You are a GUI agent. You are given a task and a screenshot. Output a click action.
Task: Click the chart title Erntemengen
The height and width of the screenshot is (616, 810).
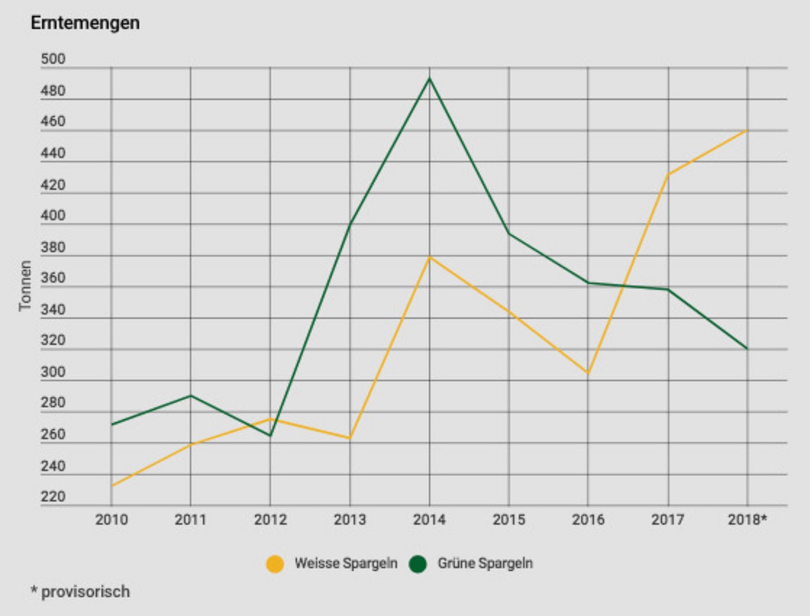pos(85,23)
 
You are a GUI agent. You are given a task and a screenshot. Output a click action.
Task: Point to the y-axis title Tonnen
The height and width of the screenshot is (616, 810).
pos(25,286)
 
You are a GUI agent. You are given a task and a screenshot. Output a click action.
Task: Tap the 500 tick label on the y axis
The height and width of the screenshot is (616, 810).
pos(53,59)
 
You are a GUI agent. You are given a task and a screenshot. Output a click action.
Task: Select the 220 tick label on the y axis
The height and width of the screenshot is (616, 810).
pos(53,497)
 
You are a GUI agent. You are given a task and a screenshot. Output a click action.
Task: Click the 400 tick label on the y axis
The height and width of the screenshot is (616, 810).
pos(53,216)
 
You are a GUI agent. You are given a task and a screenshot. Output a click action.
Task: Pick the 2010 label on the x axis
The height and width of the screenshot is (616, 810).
pos(111,519)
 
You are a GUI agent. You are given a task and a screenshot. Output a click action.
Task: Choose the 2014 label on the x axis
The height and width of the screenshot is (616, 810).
pos(429,519)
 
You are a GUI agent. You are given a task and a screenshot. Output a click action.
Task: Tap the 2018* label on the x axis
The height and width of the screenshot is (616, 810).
pos(747,519)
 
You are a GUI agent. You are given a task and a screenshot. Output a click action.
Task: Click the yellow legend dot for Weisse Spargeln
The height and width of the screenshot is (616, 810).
pos(275,564)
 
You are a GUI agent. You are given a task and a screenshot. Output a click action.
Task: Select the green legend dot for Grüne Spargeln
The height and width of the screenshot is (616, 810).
pos(418,564)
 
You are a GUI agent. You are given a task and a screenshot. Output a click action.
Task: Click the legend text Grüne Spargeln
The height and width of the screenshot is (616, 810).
pos(485,563)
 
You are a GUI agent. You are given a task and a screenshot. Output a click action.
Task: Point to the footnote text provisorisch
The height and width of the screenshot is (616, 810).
pos(85,592)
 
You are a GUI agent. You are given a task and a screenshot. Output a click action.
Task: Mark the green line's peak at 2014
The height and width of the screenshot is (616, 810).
pos(429,78)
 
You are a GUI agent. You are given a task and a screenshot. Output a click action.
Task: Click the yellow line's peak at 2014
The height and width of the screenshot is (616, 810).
pos(429,257)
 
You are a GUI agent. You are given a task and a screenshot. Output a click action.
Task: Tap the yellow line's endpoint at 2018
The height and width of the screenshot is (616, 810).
pos(747,130)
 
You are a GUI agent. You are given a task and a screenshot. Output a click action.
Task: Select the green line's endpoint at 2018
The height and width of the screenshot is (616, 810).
pos(747,348)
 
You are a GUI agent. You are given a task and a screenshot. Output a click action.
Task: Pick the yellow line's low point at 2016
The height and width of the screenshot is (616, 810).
pos(588,373)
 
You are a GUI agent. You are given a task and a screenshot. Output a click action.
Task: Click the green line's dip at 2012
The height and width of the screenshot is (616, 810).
pos(270,436)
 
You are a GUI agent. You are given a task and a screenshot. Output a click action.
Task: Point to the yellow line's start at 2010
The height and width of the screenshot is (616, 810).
pos(111,485)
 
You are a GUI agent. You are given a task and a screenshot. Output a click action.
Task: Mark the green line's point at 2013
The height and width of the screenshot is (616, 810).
pos(349,224)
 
